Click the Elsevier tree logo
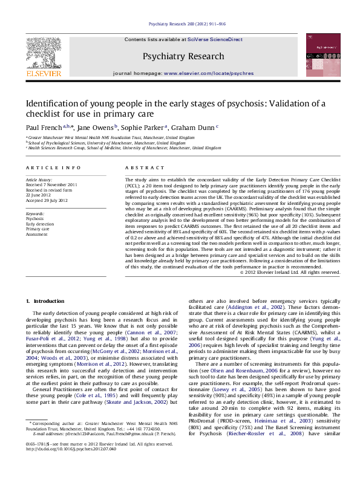[43, 54]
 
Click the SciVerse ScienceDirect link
[215, 39]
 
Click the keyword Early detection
[40, 224]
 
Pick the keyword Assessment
[37, 235]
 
